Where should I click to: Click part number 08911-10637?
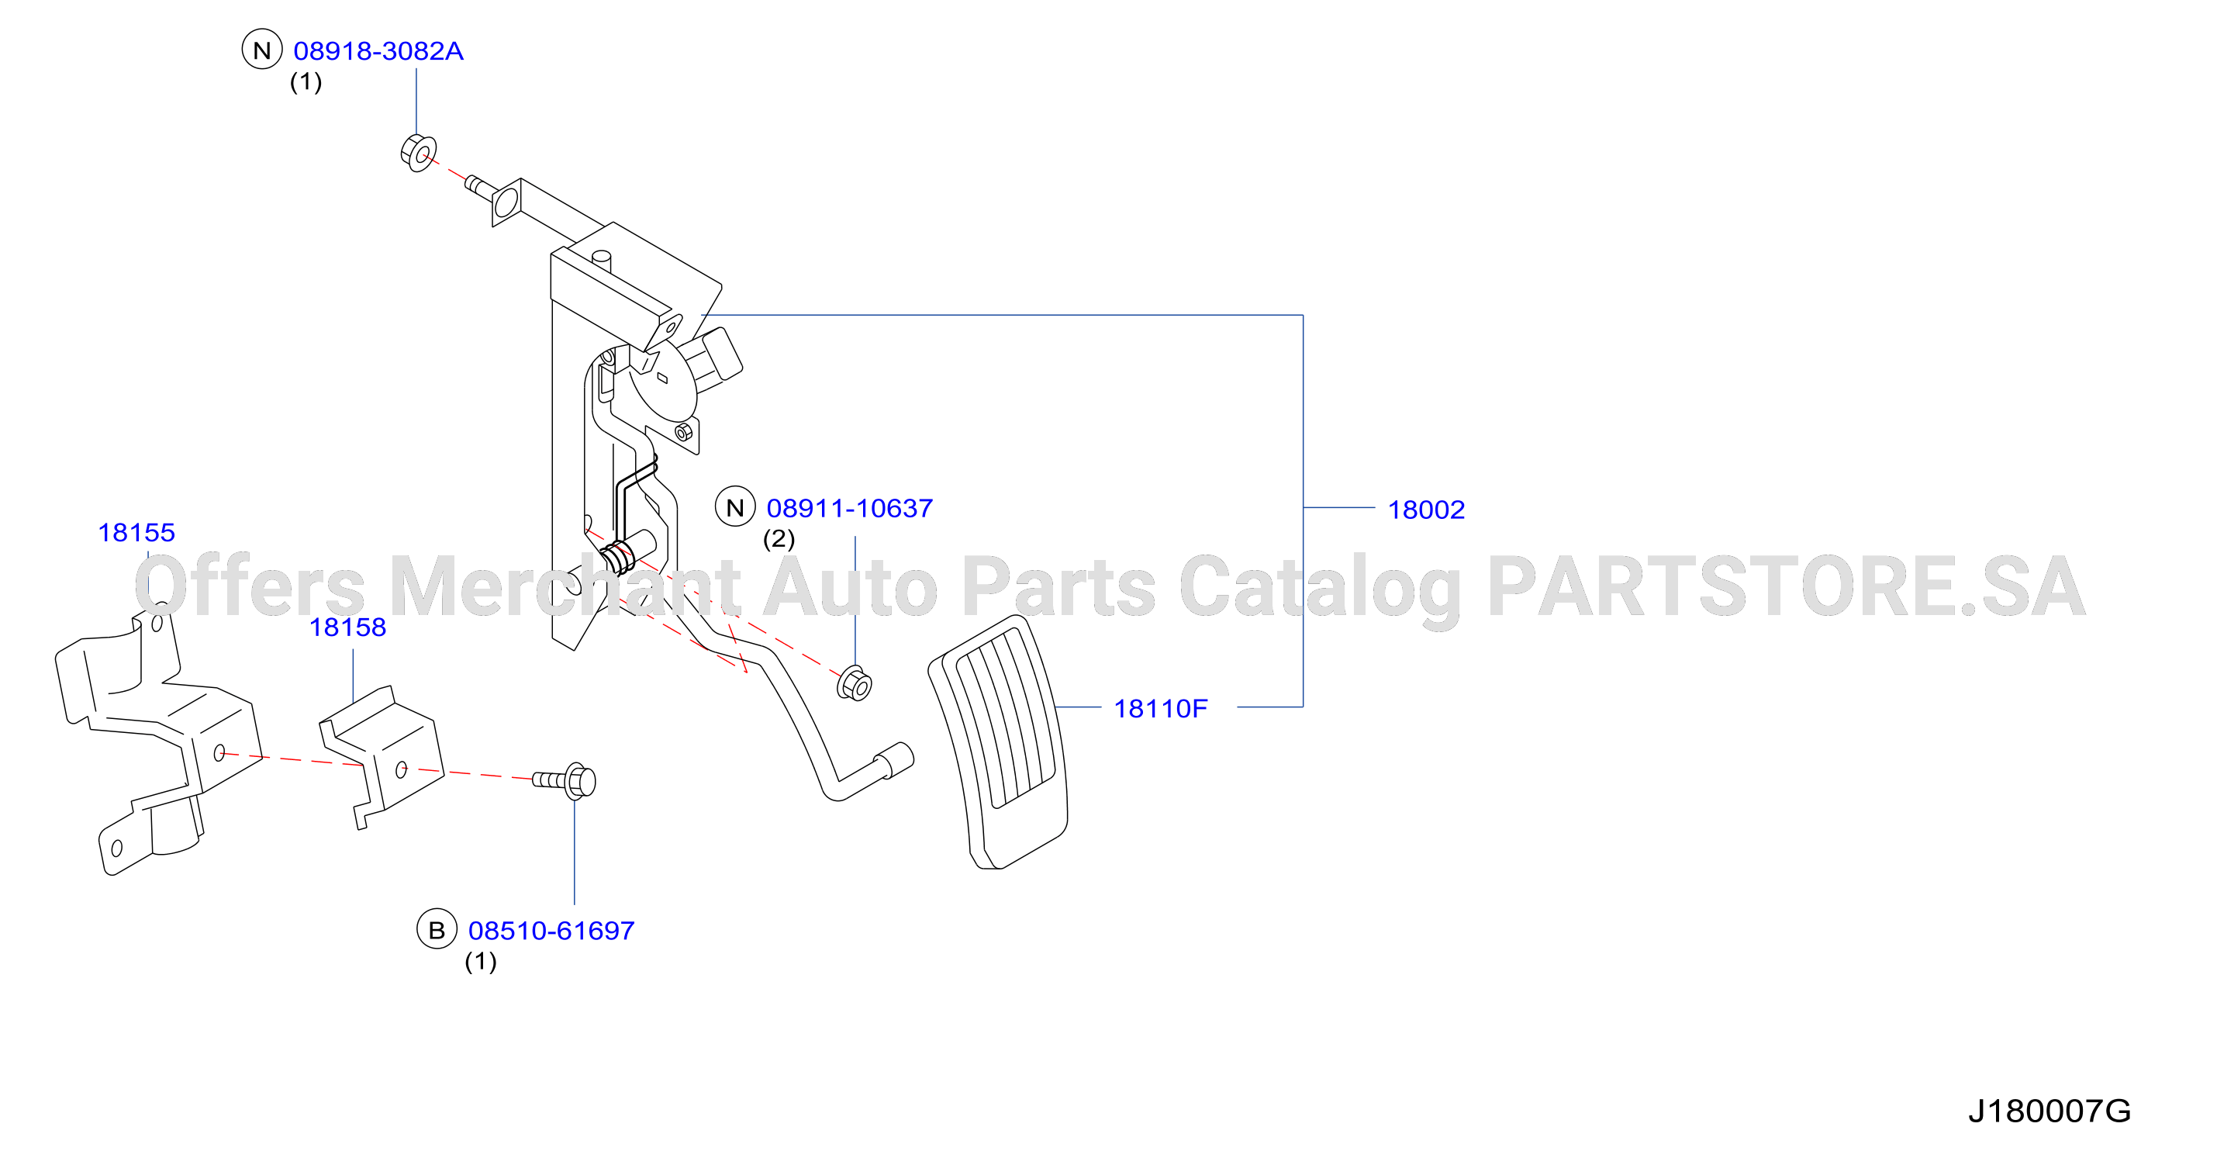(x=849, y=508)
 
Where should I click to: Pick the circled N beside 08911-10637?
(x=735, y=507)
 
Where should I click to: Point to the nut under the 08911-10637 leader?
(x=855, y=683)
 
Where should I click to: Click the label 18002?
(x=1426, y=510)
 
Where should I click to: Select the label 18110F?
(x=1160, y=708)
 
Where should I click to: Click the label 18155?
(x=136, y=532)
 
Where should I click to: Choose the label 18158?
(x=347, y=627)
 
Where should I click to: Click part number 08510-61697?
(x=551, y=931)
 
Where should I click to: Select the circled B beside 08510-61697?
(x=437, y=930)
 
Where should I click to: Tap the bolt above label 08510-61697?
(x=565, y=781)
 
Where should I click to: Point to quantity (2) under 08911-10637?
(x=779, y=539)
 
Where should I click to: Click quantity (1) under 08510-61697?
(x=480, y=962)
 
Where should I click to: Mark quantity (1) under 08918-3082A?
(x=306, y=81)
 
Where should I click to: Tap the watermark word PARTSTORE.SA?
(x=1787, y=586)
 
